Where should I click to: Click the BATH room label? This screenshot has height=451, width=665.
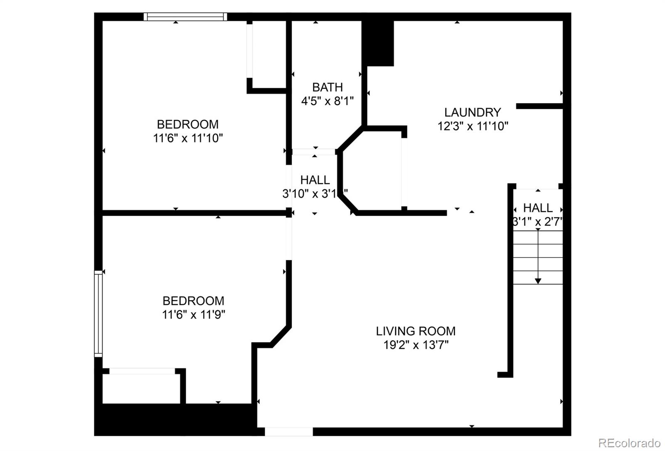(328, 87)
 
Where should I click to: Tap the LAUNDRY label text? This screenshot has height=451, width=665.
(473, 112)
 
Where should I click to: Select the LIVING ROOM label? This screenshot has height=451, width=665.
(416, 331)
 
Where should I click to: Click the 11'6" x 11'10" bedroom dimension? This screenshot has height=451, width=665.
(188, 138)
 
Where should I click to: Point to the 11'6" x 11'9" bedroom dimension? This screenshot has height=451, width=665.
(193, 315)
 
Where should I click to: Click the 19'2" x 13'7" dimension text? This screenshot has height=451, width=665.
(416, 345)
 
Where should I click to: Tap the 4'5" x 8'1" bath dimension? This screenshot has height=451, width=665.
(328, 101)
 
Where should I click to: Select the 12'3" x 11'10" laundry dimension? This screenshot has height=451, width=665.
(473, 126)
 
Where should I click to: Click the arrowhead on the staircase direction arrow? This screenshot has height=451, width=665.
(538, 281)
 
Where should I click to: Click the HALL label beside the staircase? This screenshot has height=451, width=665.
(538, 207)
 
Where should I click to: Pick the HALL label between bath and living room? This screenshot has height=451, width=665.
(315, 180)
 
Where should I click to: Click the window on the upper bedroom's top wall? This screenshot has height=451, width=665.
(185, 17)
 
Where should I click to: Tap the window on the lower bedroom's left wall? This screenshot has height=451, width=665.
(98, 314)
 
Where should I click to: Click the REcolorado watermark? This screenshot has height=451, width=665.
(629, 443)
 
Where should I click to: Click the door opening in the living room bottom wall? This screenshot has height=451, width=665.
(289, 431)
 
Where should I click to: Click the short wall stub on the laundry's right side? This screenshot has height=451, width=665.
(539, 106)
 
